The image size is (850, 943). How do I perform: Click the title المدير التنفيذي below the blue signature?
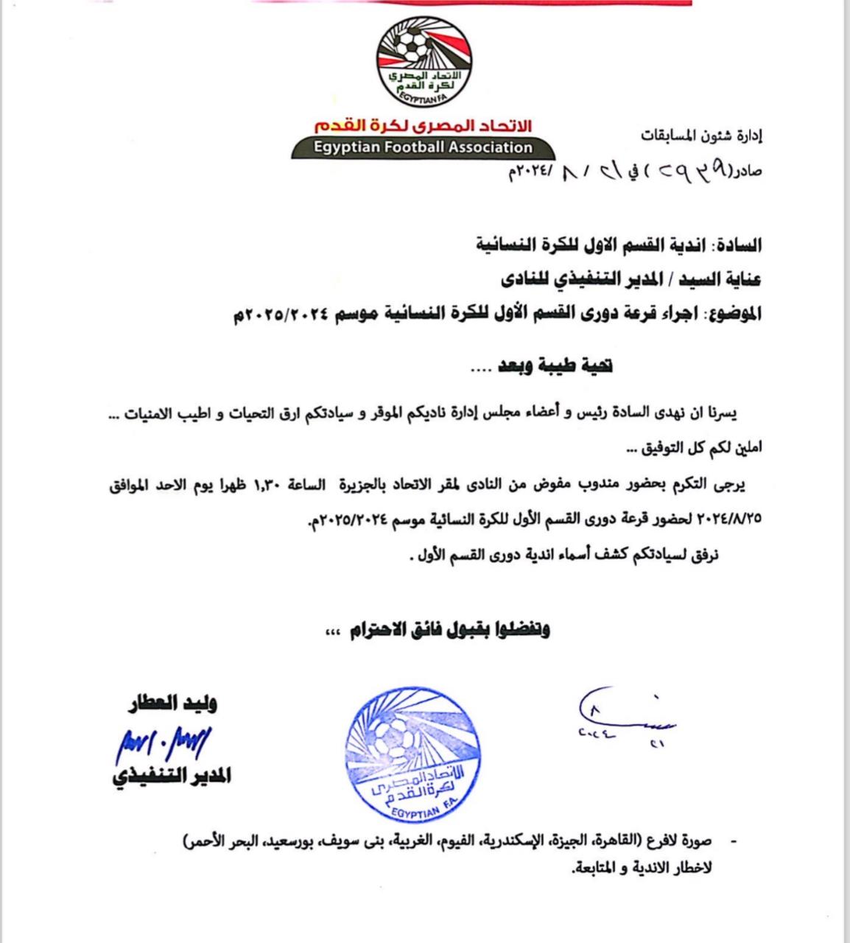172,777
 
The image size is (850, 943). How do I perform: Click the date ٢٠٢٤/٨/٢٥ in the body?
725,519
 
